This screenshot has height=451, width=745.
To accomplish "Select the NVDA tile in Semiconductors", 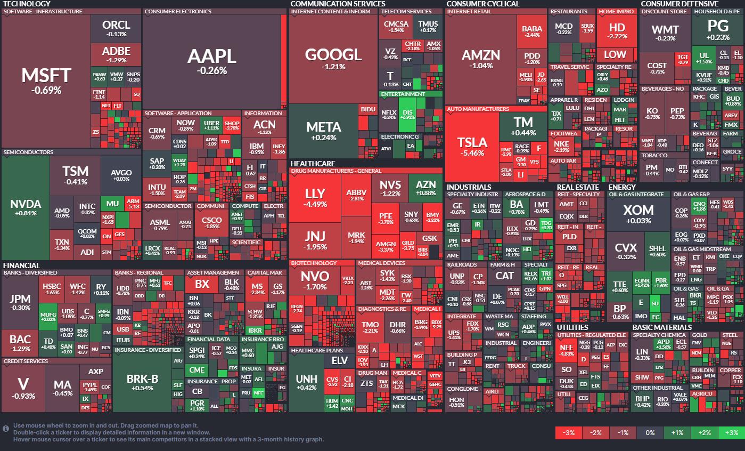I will click(x=26, y=208).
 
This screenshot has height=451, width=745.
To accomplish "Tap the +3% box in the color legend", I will click(x=731, y=432).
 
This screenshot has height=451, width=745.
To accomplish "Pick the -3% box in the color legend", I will click(x=568, y=432).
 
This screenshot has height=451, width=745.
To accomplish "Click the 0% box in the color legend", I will click(x=650, y=432).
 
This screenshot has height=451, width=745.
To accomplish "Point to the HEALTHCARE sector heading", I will click(x=313, y=164).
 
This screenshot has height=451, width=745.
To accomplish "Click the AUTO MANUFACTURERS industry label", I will click(x=478, y=109).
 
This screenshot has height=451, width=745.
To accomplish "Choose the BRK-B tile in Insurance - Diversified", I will click(x=142, y=382).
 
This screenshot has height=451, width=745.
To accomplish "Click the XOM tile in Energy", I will click(x=638, y=214).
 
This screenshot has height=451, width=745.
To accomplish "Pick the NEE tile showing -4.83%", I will click(x=566, y=349).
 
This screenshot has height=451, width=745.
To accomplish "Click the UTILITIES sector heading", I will click(x=572, y=327).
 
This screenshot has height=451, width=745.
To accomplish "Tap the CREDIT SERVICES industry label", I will click(x=26, y=361).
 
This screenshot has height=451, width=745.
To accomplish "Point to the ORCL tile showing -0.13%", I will click(x=116, y=28).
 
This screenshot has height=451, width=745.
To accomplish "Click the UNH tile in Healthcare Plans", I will click(x=306, y=382).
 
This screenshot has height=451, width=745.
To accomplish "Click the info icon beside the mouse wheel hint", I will click(x=6, y=428).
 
